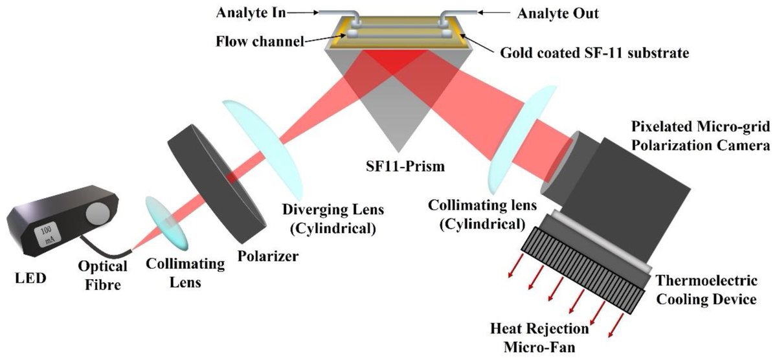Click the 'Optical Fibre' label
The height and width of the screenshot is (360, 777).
(x=101, y=275)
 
